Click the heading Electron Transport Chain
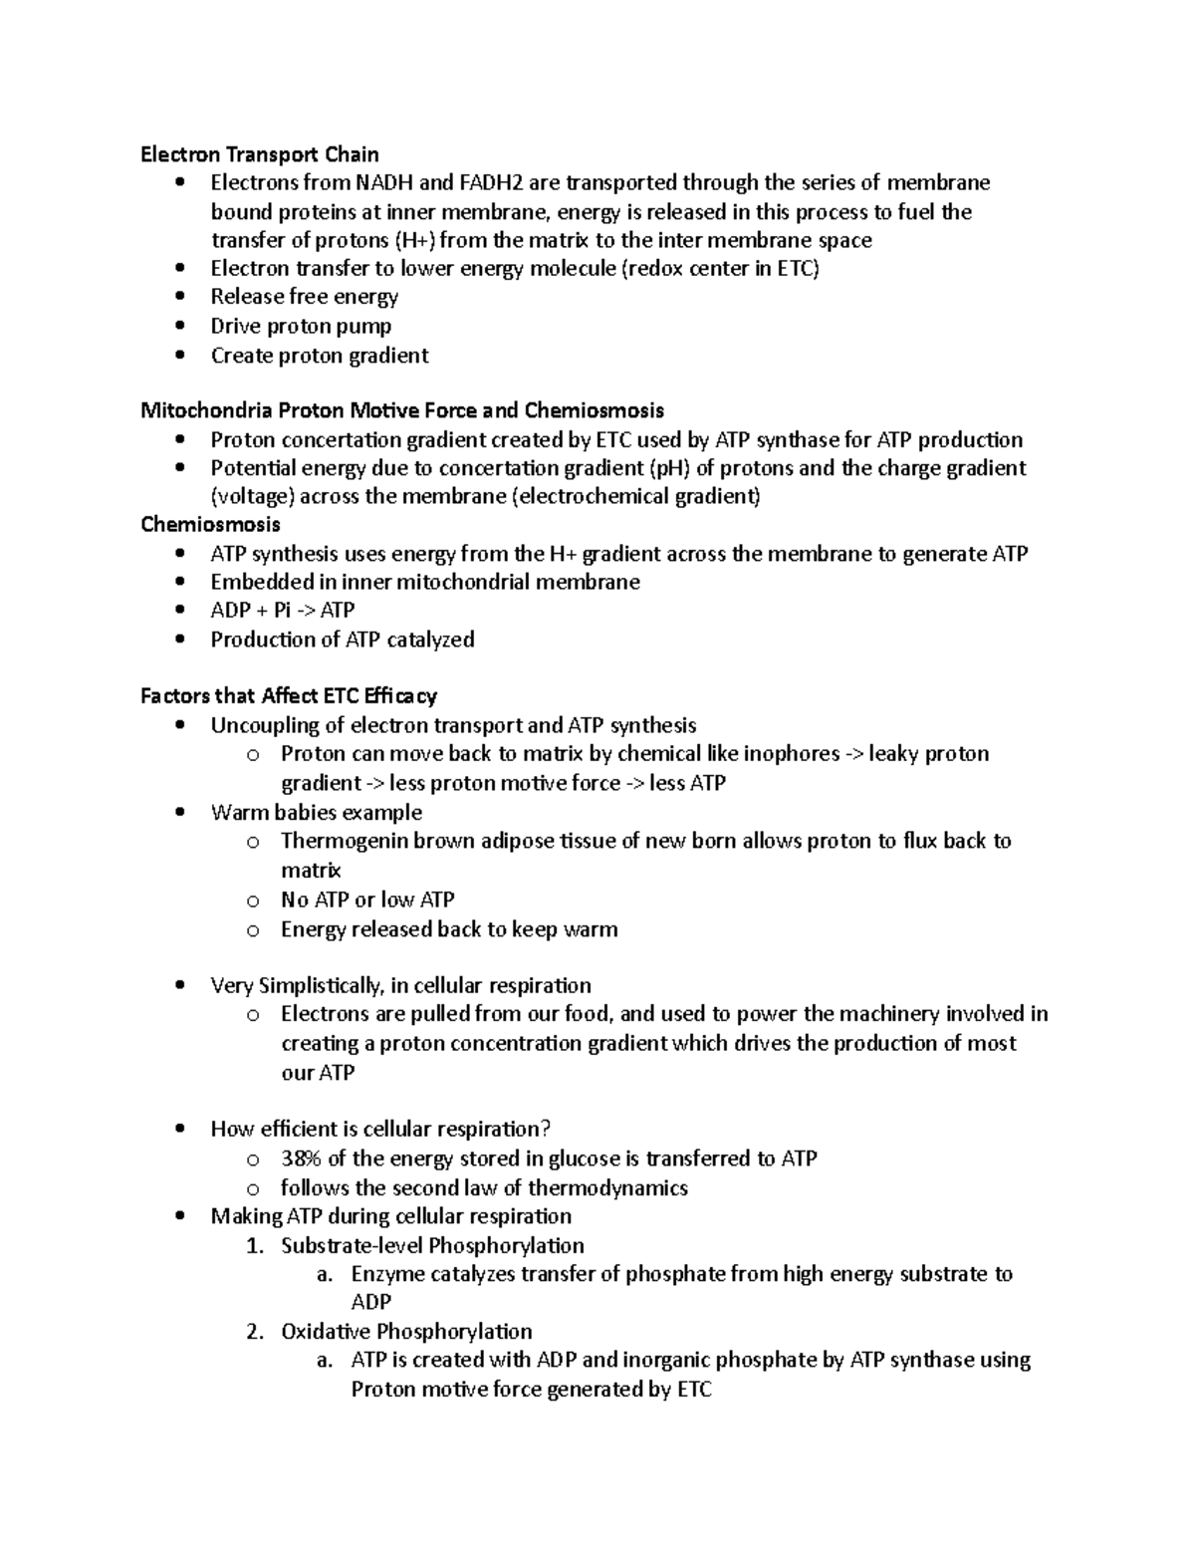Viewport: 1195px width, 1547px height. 259,154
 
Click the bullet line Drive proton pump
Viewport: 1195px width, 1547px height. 301,327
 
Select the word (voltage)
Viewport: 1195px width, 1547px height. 252,497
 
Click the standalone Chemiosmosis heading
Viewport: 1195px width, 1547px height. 210,525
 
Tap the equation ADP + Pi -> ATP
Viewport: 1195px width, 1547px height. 283,611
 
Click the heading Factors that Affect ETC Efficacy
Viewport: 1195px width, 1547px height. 289,696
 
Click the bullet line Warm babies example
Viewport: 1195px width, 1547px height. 317,813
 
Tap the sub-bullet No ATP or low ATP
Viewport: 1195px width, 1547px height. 367,901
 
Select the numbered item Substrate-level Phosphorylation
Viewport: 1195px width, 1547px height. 432,1246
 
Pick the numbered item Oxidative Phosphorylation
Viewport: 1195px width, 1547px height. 406,1332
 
